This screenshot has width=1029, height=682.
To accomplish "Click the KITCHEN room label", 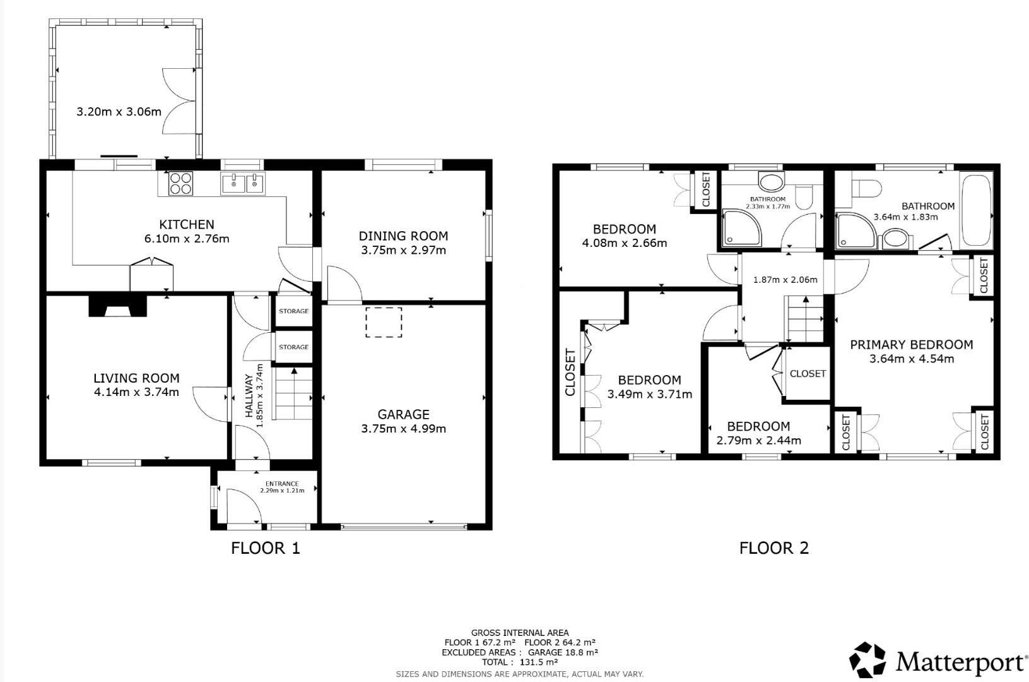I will (x=186, y=224).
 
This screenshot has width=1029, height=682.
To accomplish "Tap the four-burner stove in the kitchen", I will (x=180, y=183).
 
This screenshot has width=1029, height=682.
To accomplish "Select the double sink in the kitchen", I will (x=243, y=184).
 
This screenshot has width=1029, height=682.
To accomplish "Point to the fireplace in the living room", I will (x=117, y=306).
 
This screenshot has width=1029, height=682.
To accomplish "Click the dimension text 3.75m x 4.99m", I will (x=403, y=429).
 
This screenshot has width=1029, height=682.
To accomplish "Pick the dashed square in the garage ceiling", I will (x=384, y=322).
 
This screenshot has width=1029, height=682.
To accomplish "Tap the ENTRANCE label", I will (x=282, y=484).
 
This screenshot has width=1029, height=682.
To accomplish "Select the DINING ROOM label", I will (x=403, y=236).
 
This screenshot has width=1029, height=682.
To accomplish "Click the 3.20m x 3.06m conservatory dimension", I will (x=119, y=112).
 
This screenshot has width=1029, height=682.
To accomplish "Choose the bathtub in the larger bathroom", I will (x=975, y=210).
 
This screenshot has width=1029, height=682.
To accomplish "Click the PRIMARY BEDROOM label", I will (x=911, y=345).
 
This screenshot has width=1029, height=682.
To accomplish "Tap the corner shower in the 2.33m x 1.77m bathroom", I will (x=741, y=228).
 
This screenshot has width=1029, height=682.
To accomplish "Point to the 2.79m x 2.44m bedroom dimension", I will (x=758, y=440).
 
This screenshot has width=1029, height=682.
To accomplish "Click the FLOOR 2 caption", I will (x=773, y=547).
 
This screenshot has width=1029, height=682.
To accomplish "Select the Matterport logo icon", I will (x=867, y=661).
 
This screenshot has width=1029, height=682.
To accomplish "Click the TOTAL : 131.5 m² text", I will (x=520, y=662).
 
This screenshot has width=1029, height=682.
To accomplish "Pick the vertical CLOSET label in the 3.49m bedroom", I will (x=570, y=373).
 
